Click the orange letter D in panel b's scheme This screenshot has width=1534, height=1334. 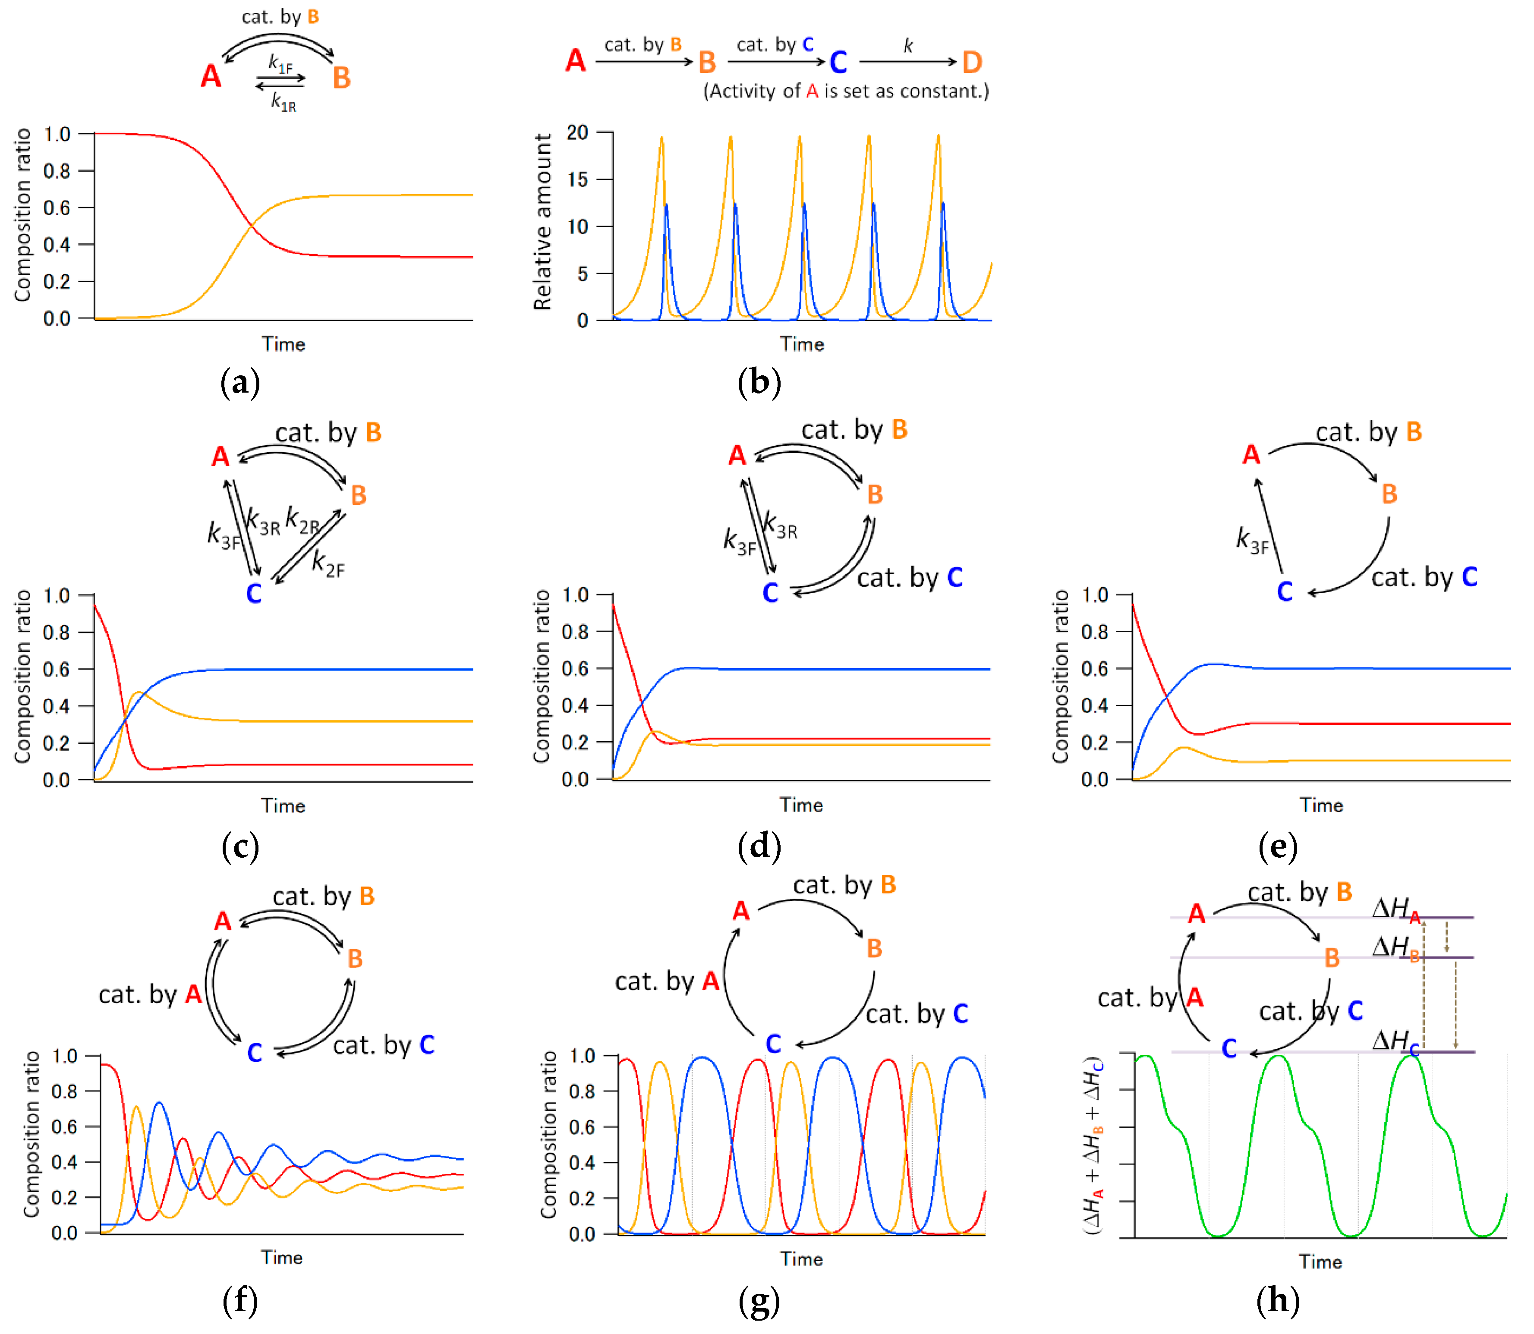972,63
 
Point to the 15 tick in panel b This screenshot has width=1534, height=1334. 578,179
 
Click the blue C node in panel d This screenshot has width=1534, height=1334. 771,592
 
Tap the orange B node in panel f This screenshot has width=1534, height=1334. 355,958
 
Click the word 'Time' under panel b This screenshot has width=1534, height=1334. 801,344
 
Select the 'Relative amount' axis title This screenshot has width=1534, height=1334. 543,222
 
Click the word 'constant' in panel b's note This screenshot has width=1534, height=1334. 946,91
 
